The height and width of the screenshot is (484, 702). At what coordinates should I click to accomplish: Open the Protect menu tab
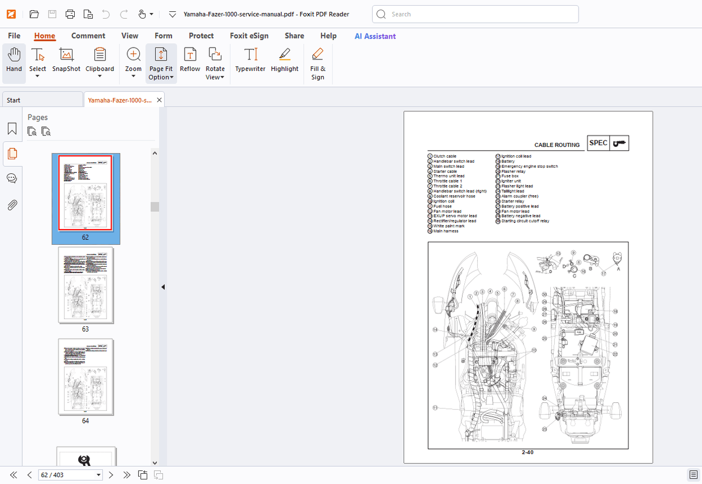click(201, 36)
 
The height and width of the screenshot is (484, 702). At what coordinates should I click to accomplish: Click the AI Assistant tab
click(375, 36)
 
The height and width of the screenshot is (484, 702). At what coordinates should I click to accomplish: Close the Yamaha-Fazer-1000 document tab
click(160, 100)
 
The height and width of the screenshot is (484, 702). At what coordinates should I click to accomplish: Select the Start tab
click(42, 100)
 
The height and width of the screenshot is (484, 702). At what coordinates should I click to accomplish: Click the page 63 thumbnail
click(85, 285)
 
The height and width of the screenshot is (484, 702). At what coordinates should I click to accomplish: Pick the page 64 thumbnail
click(85, 377)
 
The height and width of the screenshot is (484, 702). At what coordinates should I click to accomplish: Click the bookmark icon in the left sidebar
click(12, 129)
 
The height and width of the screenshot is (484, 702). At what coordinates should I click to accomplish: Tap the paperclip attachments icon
click(12, 205)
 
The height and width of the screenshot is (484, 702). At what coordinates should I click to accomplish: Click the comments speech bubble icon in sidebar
click(12, 179)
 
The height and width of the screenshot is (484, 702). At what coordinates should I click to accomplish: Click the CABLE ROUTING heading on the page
click(557, 145)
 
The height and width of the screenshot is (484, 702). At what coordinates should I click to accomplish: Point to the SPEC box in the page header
click(598, 143)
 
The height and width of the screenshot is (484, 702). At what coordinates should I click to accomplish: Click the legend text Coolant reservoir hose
click(454, 196)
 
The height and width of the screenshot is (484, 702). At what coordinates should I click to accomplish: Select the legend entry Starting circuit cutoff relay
click(525, 221)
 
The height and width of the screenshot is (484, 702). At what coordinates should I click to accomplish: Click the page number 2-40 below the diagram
click(528, 452)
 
